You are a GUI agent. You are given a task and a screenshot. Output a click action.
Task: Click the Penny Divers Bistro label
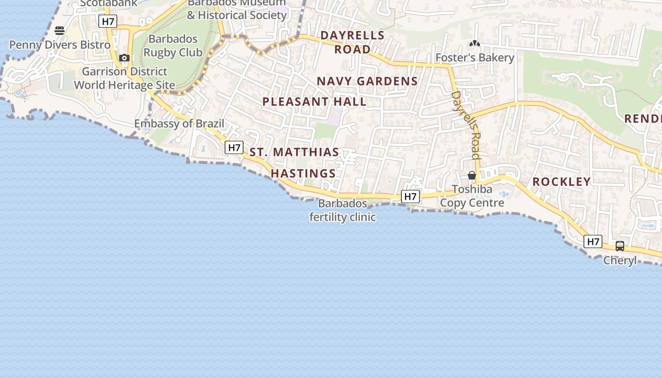pos(60,45)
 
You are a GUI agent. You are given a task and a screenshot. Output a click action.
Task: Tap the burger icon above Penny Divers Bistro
pos(60,31)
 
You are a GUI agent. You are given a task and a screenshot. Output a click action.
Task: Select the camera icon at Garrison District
pos(124,58)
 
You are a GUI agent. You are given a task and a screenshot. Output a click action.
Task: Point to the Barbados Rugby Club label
pos(173,45)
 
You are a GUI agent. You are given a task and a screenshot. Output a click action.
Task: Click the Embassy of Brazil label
pos(179,124)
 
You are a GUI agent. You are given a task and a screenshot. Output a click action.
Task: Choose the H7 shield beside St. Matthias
pos(235,147)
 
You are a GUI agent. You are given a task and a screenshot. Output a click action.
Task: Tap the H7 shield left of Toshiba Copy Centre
pos(410,197)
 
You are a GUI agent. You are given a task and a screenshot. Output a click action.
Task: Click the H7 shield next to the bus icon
pos(593,242)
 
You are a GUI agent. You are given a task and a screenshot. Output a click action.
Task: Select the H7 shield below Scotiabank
pos(108,21)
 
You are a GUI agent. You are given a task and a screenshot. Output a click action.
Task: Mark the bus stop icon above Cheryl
pos(620,246)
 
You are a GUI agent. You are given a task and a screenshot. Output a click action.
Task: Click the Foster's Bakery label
pos(475,58)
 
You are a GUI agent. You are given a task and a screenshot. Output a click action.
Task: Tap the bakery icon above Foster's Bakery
pos(475,44)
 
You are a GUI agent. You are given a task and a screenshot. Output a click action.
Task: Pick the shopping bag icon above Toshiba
pos(471,175)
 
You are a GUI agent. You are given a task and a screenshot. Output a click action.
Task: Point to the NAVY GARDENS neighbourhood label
pos(367,81)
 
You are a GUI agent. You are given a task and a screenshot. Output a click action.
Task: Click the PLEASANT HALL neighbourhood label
pos(314,102)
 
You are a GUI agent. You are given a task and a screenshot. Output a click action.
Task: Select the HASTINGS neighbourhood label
pos(303,173)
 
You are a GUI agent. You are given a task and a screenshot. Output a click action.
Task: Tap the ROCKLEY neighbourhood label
pos(562,181)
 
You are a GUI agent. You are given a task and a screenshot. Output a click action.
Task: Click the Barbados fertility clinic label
pos(343,210)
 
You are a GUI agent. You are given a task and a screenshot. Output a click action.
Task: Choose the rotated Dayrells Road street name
pos(466,125)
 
